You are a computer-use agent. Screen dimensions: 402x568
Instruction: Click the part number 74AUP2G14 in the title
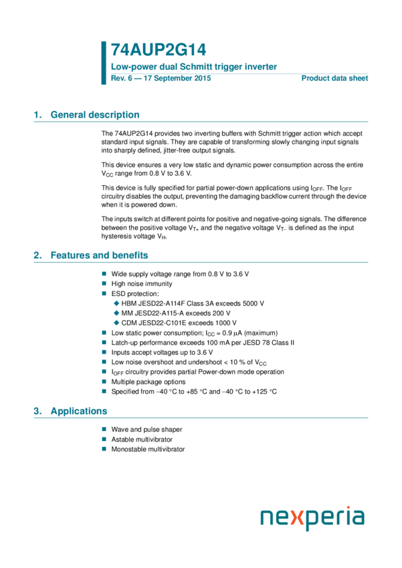tap(159, 50)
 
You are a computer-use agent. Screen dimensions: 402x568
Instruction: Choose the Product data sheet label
tap(334, 78)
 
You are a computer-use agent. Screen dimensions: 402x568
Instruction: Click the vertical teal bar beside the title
tap(104, 63)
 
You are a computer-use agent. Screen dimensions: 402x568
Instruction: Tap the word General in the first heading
tap(68, 115)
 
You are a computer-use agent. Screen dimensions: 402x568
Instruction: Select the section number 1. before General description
tap(38, 115)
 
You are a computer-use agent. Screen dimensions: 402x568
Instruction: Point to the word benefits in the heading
tap(130, 255)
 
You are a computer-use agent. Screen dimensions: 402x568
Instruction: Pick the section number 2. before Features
tap(38, 255)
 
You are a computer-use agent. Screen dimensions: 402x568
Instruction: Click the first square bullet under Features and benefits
tap(104, 274)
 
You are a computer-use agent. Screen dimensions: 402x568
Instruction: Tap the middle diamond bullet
tap(116, 313)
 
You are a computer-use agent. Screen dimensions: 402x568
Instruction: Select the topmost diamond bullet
tap(116, 303)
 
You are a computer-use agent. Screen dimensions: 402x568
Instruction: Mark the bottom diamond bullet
tap(116, 323)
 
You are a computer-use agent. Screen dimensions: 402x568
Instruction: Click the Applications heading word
tap(79, 411)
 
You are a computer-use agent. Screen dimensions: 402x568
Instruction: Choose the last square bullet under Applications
tap(104, 448)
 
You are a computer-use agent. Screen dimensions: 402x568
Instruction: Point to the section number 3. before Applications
tap(38, 411)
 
